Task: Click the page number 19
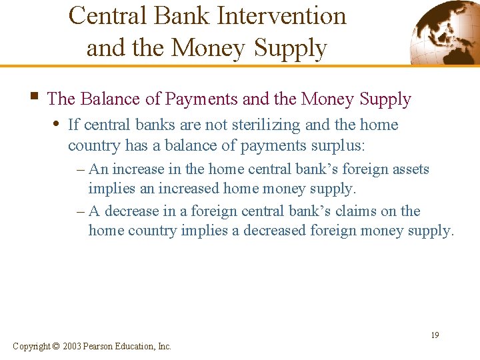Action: point(434,335)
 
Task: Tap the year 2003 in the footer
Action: point(73,346)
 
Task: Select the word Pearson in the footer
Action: point(101,346)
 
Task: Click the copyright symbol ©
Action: point(55,346)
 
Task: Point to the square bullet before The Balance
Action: point(34,98)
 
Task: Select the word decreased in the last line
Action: point(340,231)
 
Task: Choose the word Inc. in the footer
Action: point(164,346)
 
